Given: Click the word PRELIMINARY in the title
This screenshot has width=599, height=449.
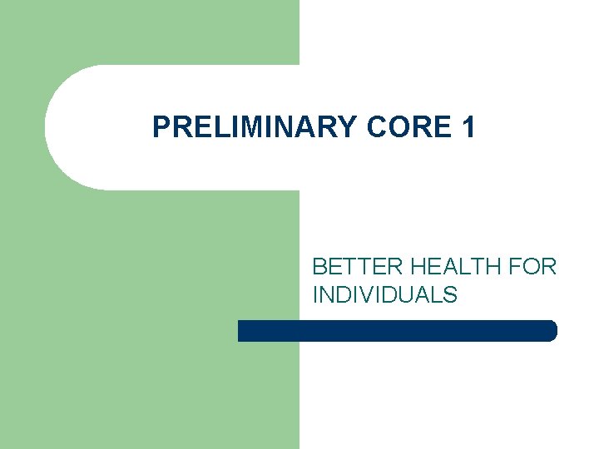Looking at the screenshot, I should tap(254, 127).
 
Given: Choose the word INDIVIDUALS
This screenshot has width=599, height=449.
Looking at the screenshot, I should tap(384, 294).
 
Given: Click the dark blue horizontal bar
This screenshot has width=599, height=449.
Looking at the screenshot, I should tap(397, 331).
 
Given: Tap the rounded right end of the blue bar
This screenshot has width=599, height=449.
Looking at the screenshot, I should tap(551, 331).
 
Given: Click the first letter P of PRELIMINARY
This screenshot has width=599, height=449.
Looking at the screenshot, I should tap(161, 127).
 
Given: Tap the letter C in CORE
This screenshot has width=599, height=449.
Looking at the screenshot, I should tap(373, 127).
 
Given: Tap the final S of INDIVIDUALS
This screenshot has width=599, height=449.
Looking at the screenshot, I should tap(450, 294).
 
